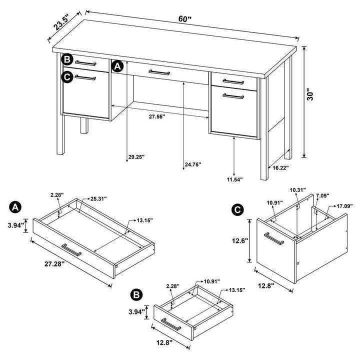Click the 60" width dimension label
pyautogui.click(x=185, y=19)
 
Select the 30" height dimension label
pyautogui.click(x=310, y=96)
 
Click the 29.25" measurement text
pyautogui.click(x=135, y=156)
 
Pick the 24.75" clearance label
pyautogui.click(x=192, y=164)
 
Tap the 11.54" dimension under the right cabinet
pyautogui.click(x=234, y=178)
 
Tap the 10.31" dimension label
pyautogui.click(x=299, y=190)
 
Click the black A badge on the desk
pyautogui.click(x=117, y=66)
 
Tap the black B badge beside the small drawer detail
pyautogui.click(x=134, y=294)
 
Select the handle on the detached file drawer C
pyautogui.click(x=274, y=238)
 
